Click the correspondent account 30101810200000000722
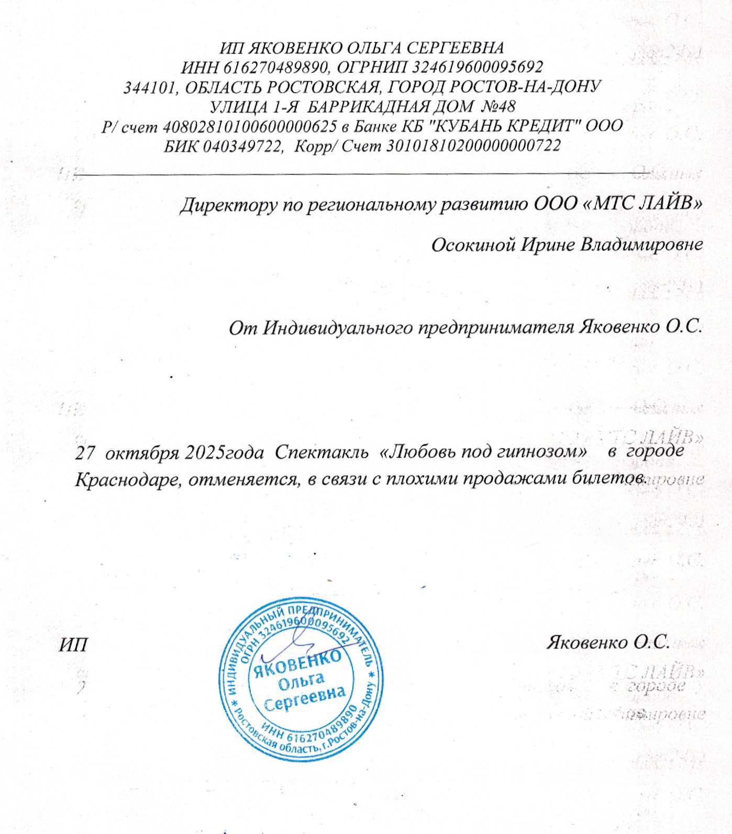coord(473,146)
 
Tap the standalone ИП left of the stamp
coord(73,644)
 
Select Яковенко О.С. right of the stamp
coord(608,642)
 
